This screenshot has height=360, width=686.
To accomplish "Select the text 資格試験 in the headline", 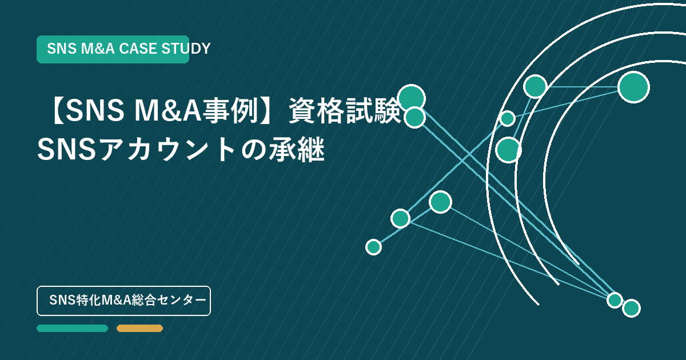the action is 345,110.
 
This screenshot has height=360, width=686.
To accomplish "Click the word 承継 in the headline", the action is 297,149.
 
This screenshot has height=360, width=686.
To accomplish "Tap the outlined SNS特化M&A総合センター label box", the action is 123,301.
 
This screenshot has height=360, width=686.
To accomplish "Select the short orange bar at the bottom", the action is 139,328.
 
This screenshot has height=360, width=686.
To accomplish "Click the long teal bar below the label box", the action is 72,328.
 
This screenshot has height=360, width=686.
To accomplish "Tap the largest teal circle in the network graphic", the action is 633,87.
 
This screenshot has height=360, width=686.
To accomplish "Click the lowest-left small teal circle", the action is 374,247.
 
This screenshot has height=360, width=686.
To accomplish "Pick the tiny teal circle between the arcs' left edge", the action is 508,118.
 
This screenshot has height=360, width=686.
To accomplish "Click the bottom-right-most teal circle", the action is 632,308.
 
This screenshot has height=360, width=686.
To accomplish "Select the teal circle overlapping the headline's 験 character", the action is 412,98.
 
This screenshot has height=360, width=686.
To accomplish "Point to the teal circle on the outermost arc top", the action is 535,86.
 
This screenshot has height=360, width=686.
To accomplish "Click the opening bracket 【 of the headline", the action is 58,111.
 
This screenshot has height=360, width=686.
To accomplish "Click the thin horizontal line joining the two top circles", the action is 583,87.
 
